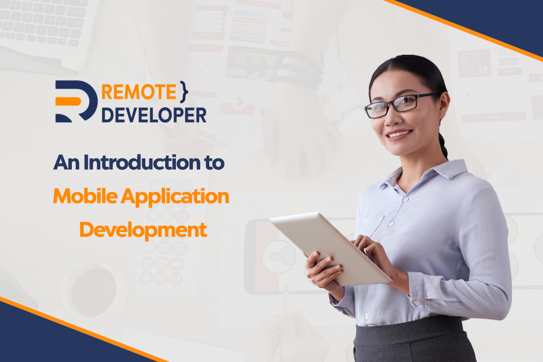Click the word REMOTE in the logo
(x=139, y=92)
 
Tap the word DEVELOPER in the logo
(x=154, y=115)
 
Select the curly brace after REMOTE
(x=184, y=92)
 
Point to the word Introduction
(x=141, y=162)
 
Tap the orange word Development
(x=143, y=230)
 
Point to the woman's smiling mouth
(x=399, y=133)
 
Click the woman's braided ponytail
(x=443, y=146)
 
